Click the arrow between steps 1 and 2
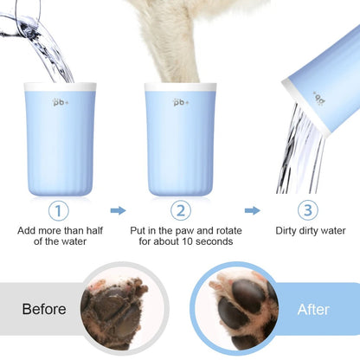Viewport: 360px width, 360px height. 119,209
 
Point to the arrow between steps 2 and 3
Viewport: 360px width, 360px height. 252,209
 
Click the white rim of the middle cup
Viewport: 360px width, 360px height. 180,87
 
